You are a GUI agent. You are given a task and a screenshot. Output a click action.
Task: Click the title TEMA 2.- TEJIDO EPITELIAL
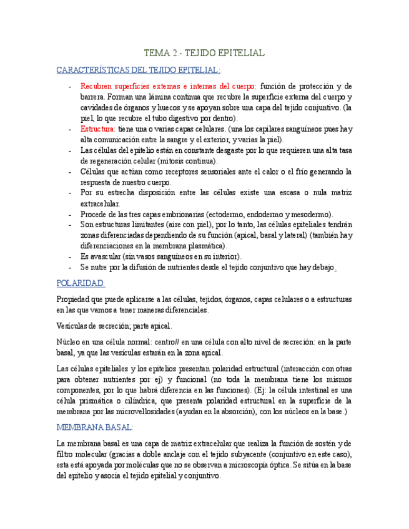pos(204,53)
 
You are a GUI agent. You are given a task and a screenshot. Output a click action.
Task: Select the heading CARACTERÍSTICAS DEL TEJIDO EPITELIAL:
pos(138,70)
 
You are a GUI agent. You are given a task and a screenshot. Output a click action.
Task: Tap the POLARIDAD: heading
pos(81,283)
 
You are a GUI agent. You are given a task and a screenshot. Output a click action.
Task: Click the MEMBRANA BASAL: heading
pos(95,427)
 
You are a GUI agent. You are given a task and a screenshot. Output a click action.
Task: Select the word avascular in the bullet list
pos(106,256)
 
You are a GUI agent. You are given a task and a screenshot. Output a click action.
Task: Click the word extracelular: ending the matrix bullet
pos(101,203)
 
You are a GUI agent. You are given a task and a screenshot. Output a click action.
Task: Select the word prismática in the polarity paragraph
pos(96,400)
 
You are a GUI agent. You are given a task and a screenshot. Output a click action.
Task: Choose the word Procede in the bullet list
pos(94,214)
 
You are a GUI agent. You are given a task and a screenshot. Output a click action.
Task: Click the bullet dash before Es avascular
pos(69,256)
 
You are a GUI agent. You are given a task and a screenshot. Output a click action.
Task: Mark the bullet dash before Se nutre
pos(69,267)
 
